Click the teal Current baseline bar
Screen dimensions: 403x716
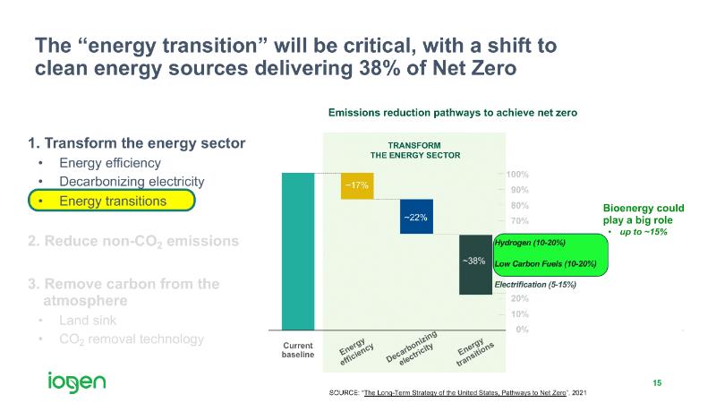(298, 251)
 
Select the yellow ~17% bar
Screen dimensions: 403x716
(357, 184)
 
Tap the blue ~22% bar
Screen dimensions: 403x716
(416, 217)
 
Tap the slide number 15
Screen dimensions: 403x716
(657, 383)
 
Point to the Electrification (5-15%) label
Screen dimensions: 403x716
(534, 284)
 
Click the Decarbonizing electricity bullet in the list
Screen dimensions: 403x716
(132, 182)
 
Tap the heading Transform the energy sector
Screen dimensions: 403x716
(136, 143)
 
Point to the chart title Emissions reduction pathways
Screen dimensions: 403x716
(452, 113)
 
